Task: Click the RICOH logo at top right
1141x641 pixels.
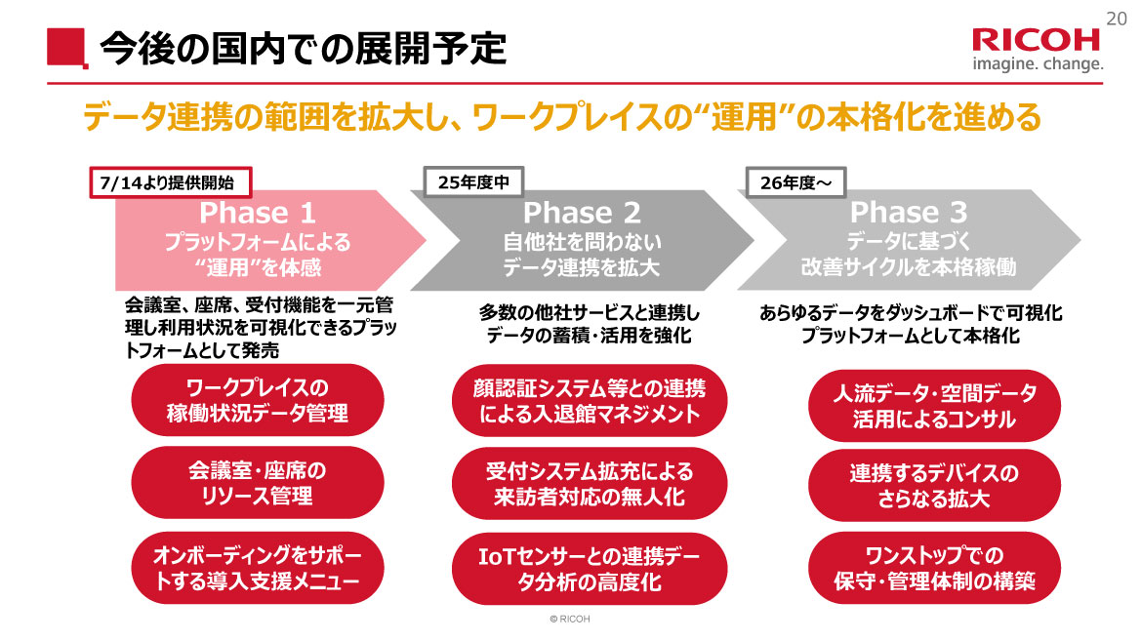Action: (1036, 40)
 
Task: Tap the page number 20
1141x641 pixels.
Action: (1118, 17)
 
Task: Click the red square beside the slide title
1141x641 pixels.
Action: (63, 48)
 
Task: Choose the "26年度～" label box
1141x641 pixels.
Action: (795, 182)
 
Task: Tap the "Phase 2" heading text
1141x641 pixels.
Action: (582, 212)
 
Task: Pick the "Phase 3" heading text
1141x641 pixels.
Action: (908, 212)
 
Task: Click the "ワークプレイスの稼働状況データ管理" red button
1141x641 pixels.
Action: (257, 399)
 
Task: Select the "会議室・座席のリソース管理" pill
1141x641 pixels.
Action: (257, 483)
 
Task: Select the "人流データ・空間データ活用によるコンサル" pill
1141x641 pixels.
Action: (934, 406)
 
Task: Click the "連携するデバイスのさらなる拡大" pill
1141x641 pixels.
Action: (934, 486)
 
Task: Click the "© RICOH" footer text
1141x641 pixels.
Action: (570, 620)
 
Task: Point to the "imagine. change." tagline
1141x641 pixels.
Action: (1038, 65)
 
